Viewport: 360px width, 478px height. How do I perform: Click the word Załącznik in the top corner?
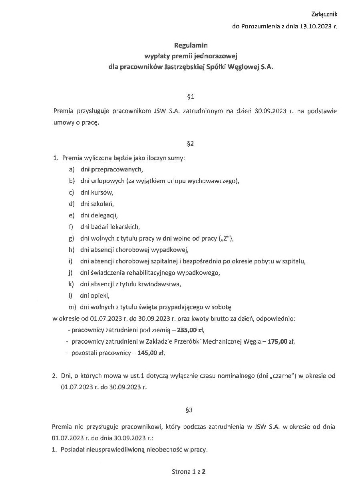tap(324, 14)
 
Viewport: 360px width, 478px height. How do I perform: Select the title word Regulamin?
tap(191, 46)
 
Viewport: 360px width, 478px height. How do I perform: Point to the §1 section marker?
tap(191, 96)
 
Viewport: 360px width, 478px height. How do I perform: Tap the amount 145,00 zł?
tap(151, 353)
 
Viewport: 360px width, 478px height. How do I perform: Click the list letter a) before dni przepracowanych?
tap(72, 169)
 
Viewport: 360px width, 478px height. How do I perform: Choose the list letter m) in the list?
tap(72, 307)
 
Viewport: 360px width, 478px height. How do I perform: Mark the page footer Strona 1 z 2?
tap(189, 472)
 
